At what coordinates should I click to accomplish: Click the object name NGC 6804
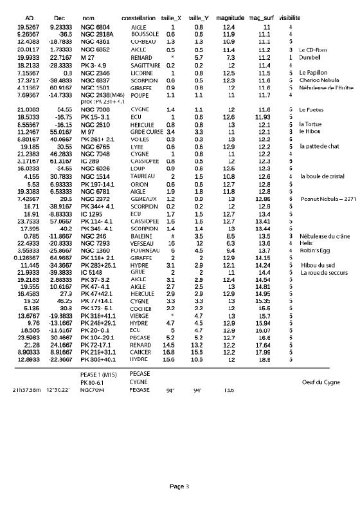click(x=94, y=27)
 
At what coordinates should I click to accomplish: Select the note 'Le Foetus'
click(x=311, y=110)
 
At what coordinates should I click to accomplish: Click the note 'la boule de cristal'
click(x=321, y=176)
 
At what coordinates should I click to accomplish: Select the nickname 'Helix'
click(x=306, y=243)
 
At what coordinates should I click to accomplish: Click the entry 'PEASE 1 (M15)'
click(x=96, y=374)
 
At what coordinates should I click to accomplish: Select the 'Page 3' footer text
click(x=179, y=486)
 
